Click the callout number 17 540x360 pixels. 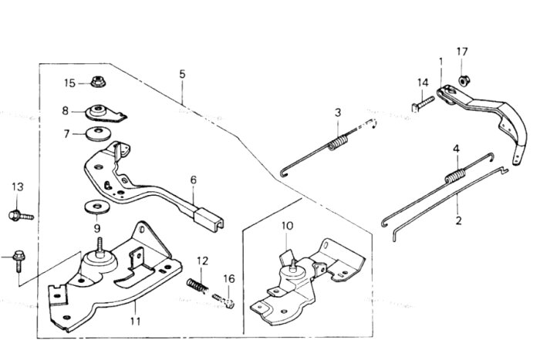[x=462, y=52]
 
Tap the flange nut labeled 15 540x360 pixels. [x=99, y=82]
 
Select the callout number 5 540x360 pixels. [x=182, y=74]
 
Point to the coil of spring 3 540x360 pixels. [x=338, y=143]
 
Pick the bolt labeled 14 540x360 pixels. [x=424, y=103]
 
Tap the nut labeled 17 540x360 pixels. [x=464, y=80]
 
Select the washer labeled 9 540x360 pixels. [x=97, y=208]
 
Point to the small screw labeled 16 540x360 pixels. [x=224, y=301]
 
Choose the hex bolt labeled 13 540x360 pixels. [x=21, y=216]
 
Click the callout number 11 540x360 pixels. [x=135, y=321]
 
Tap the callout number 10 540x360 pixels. [x=288, y=226]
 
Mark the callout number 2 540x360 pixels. [x=458, y=220]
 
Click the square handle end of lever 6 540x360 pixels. [x=209, y=218]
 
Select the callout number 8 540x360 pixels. [x=66, y=111]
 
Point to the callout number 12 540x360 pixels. [x=202, y=261]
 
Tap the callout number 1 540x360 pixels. [x=440, y=62]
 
